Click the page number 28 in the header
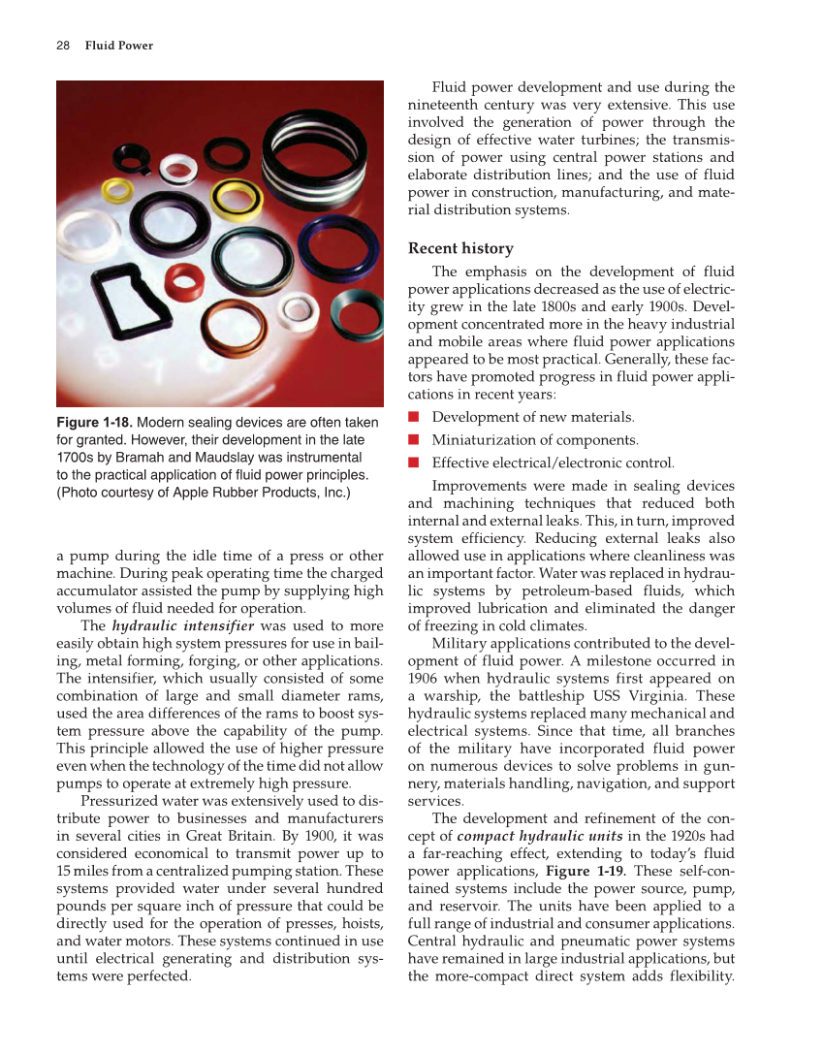coord(62,46)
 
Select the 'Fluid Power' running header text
coord(118,46)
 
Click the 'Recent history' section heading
coord(460,248)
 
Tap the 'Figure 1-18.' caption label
coord(94,423)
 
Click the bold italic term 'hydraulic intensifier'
coord(183,625)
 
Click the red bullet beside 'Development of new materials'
coord(413,417)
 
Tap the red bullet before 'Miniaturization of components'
coord(413,439)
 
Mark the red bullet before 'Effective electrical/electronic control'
coord(413,463)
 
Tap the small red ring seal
coord(181,286)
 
